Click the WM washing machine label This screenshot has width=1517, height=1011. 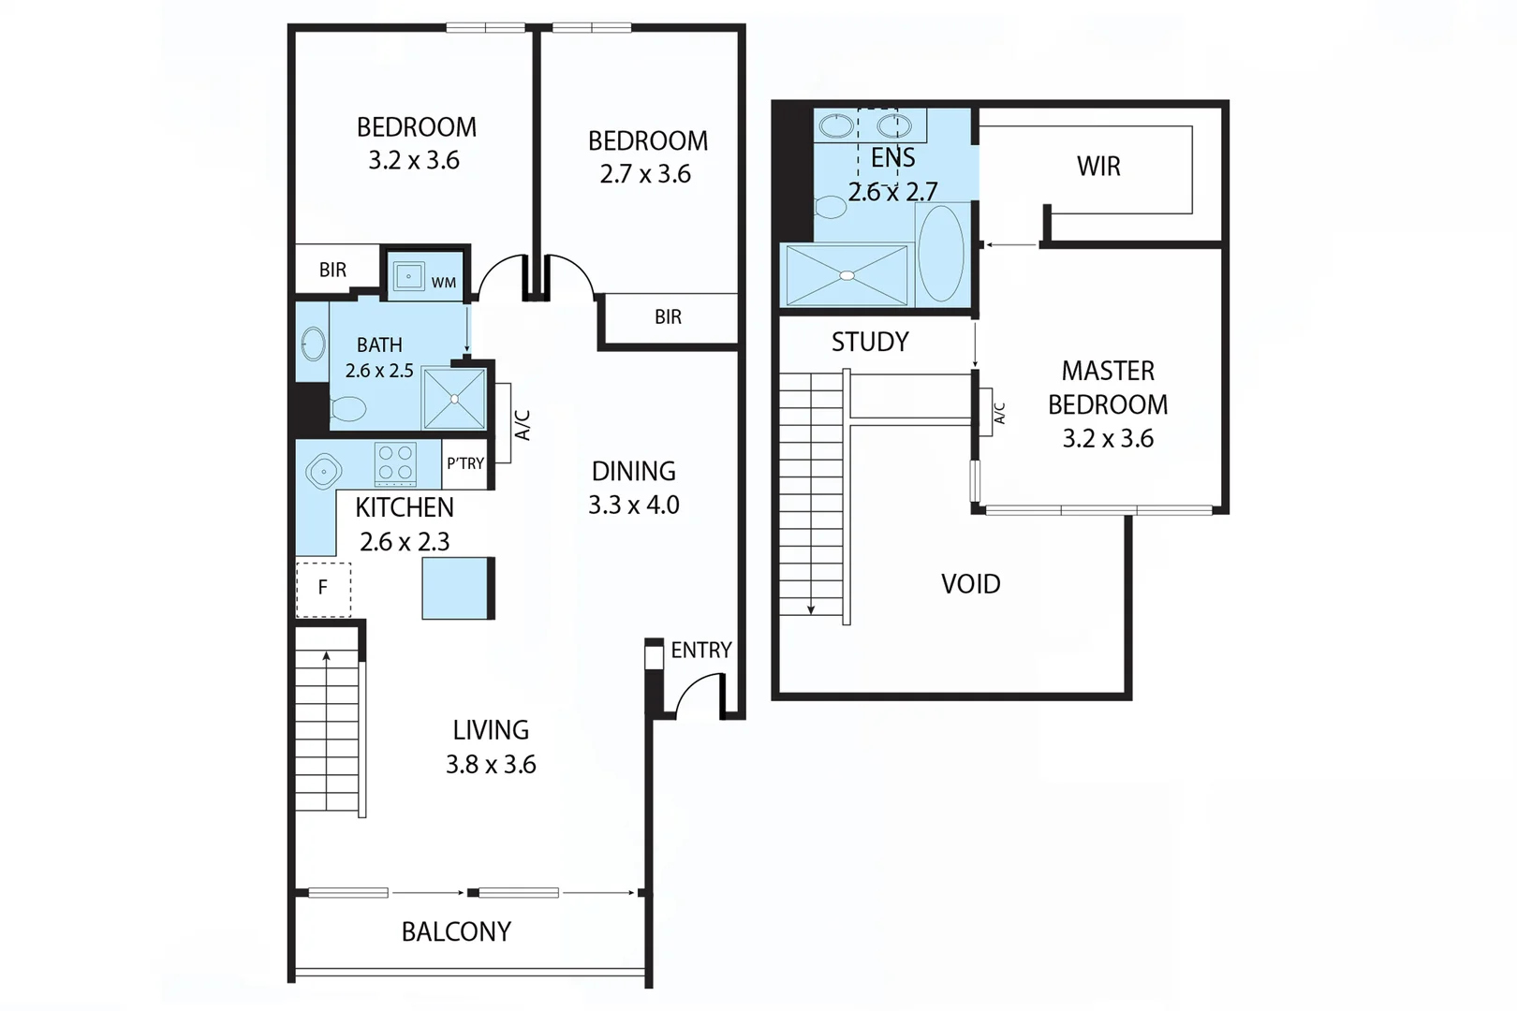coord(444,283)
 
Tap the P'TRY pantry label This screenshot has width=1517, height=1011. coord(465,463)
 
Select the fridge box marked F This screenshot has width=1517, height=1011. coord(323,589)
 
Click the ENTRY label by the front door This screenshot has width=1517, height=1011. coord(700,650)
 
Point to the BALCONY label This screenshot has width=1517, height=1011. coord(456,931)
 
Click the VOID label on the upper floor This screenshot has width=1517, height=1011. coord(970,584)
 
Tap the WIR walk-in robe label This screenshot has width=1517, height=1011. coord(1098,167)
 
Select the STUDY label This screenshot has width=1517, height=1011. coord(870,342)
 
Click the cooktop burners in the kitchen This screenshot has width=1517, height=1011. coord(395,463)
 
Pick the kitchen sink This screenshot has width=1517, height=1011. coord(323,472)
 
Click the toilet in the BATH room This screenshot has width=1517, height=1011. coord(348,409)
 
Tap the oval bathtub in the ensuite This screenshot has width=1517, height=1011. coord(941,254)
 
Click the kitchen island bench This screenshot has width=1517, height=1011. coord(457,588)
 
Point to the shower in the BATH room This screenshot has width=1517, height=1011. coord(454,399)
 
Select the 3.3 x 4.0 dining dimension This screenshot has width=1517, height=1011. coord(634,505)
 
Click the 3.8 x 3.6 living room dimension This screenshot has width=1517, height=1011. coord(491,765)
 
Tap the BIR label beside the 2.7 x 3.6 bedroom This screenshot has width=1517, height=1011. coord(668,317)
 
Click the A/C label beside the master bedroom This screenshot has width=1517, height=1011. coord(999,414)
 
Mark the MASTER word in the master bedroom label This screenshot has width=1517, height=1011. coord(1108,372)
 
